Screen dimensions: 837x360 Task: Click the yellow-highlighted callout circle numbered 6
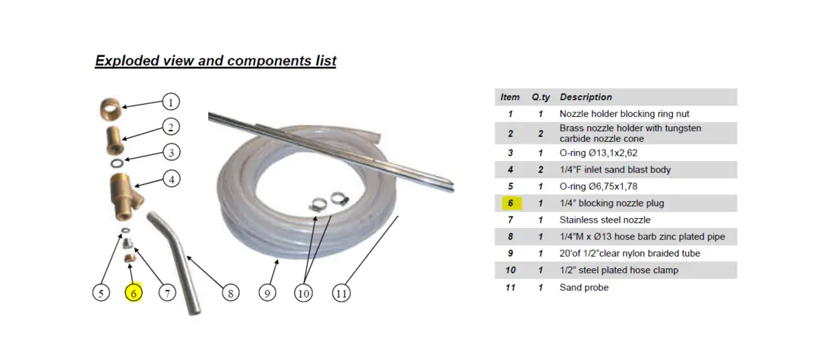tap(134, 292)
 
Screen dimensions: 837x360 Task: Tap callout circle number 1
tap(171, 102)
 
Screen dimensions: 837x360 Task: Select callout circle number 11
tap(342, 292)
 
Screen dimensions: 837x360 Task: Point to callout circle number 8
tap(231, 292)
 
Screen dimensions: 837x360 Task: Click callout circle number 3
tap(171, 152)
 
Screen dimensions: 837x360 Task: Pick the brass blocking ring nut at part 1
tap(111, 110)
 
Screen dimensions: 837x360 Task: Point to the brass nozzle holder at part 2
tap(115, 140)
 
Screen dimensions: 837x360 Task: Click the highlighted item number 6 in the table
tap(510, 203)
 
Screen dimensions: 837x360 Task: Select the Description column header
tap(586, 97)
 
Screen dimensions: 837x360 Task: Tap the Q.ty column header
tap(541, 97)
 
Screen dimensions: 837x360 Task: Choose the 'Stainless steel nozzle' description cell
tap(605, 219)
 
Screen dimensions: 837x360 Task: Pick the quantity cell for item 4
tap(541, 170)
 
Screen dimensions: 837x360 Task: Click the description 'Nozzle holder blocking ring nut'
tap(624, 114)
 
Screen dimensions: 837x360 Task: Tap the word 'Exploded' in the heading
tap(121, 61)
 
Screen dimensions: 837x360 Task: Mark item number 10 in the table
tap(510, 270)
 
